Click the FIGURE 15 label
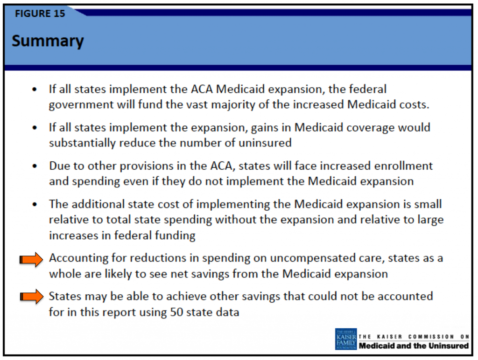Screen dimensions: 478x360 coord(40,14)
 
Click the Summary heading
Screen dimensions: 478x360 coord(48,41)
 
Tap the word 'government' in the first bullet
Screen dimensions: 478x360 coord(81,105)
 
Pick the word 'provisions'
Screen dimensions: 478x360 coord(147,166)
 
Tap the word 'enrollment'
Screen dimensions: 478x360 coord(403,166)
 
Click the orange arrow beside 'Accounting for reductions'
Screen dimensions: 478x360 coord(31,260)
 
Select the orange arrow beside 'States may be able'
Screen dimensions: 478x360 coord(31,297)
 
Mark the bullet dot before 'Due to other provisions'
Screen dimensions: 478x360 coord(35,166)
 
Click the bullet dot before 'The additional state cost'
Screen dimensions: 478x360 coord(35,204)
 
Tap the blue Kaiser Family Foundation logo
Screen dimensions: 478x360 coord(346,339)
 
